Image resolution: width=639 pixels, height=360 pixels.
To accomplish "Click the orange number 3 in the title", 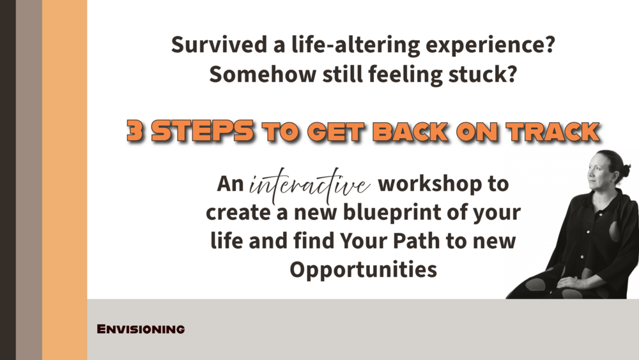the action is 135,131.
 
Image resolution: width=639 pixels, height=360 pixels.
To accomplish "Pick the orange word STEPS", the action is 203,131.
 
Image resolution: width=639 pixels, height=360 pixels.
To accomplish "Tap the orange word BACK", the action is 411,132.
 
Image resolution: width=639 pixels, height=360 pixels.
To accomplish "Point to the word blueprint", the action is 392,213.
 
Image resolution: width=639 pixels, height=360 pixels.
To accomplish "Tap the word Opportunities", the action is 363,270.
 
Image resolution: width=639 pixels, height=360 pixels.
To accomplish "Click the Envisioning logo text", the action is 141,329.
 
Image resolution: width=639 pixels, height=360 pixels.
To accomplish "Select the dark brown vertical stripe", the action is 8,180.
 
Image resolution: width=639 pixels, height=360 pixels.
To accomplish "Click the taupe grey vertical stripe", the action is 29,180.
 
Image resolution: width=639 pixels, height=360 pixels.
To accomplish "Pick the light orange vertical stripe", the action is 65,180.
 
